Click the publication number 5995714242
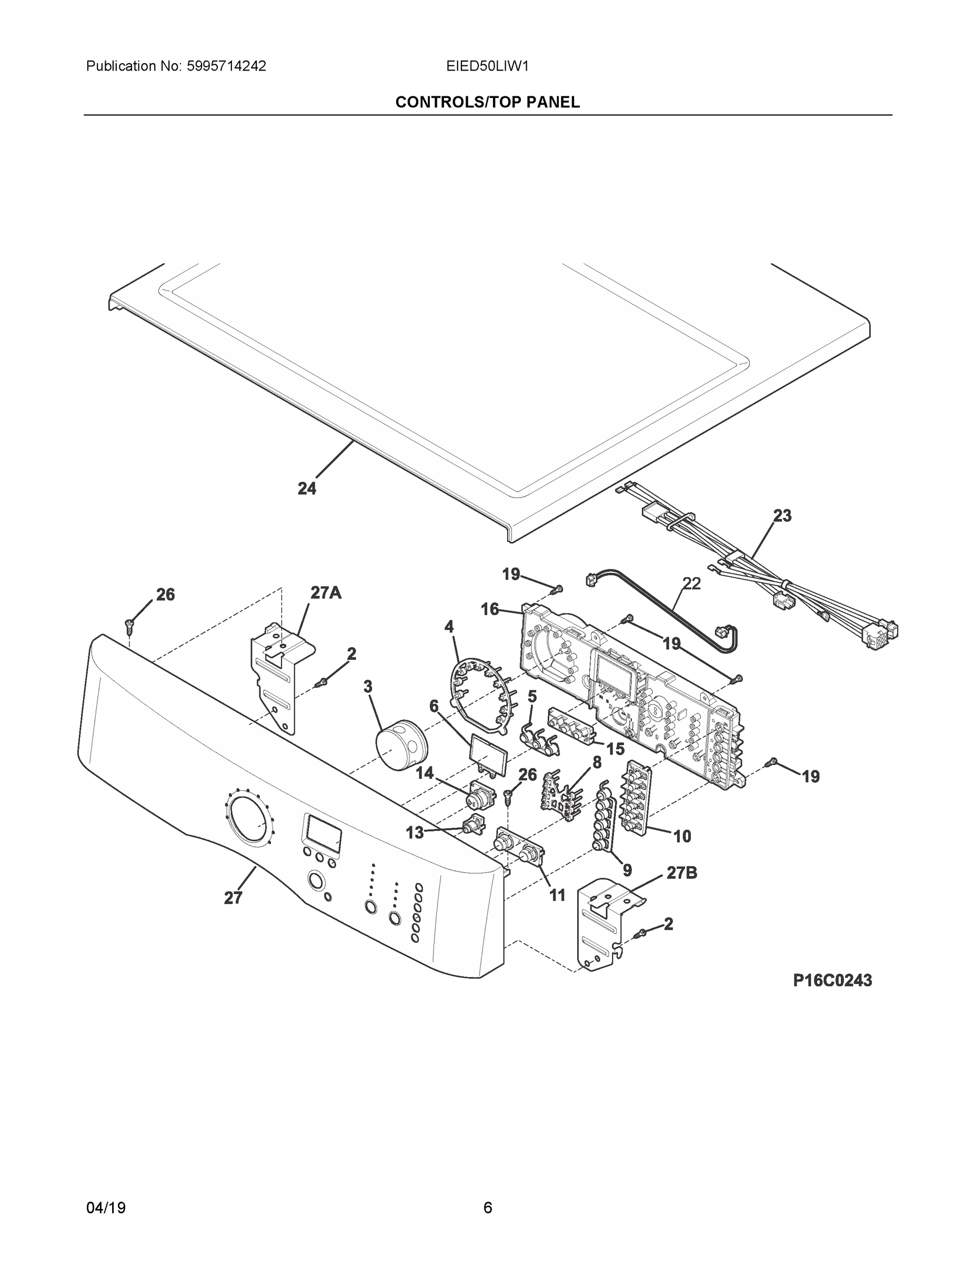[226, 66]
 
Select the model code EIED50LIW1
[487, 66]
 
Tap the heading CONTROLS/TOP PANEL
[487, 103]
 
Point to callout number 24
[307, 489]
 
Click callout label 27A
[326, 592]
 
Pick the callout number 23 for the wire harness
[782, 515]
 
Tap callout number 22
[691, 584]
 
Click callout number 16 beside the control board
[490, 609]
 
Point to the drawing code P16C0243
[832, 980]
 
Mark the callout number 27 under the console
[233, 898]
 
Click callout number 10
[682, 836]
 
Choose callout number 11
[557, 895]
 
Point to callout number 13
[415, 832]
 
